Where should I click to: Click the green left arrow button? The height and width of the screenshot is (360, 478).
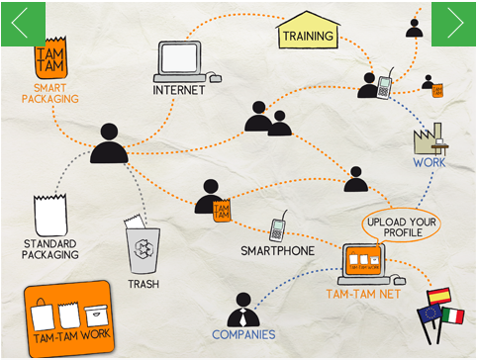pyautogui.click(x=23, y=24)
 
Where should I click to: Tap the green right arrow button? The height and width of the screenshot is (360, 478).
pyautogui.click(x=453, y=24)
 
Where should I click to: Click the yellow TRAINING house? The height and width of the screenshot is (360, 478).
pyautogui.click(x=308, y=30)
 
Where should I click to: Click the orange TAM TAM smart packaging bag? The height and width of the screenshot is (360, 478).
pyautogui.click(x=50, y=57)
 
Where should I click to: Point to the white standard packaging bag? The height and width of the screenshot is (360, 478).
pyautogui.click(x=50, y=215)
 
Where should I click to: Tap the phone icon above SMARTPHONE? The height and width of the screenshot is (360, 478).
pyautogui.click(x=278, y=226)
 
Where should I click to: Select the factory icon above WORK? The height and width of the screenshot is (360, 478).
pyautogui.click(x=430, y=138)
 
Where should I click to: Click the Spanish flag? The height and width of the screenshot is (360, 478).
pyautogui.click(x=438, y=296)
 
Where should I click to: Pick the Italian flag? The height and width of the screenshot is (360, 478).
pyautogui.click(x=453, y=315)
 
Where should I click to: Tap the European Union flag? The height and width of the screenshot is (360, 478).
pyautogui.click(x=429, y=314)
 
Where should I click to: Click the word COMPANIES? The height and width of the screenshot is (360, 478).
pyautogui.click(x=243, y=335)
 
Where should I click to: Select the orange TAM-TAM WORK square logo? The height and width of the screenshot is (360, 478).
pyautogui.click(x=69, y=318)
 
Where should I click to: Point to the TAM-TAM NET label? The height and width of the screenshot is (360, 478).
pyautogui.click(x=363, y=294)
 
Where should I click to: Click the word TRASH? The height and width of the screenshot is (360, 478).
pyautogui.click(x=143, y=284)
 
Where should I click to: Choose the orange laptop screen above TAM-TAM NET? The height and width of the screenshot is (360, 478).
pyautogui.click(x=363, y=260)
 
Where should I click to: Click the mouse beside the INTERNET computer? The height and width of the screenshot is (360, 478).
pyautogui.click(x=216, y=78)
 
